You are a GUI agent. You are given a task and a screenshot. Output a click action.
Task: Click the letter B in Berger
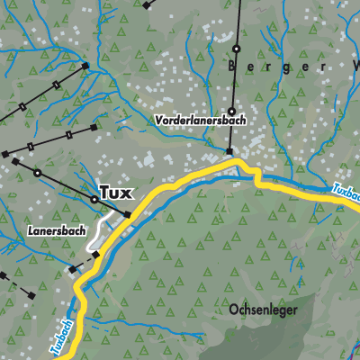232,67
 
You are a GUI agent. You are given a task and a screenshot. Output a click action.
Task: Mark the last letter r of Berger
323,67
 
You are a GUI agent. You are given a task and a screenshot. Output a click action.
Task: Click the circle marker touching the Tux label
94,199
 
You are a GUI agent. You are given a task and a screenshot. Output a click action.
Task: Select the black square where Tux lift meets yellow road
127,214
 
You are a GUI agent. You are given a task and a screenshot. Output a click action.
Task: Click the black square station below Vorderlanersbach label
229,151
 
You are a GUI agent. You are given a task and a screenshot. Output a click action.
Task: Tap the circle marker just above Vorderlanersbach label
231,112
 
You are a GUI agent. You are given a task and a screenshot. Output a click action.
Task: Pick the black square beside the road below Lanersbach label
95,255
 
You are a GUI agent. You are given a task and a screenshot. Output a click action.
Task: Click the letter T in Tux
103,193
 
